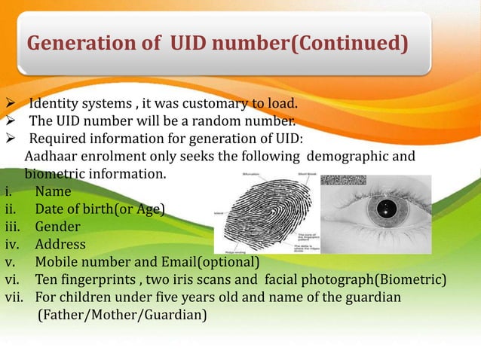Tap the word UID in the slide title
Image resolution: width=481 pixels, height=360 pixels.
pos(183,44)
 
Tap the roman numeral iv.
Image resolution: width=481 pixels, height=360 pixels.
pos(12,245)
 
